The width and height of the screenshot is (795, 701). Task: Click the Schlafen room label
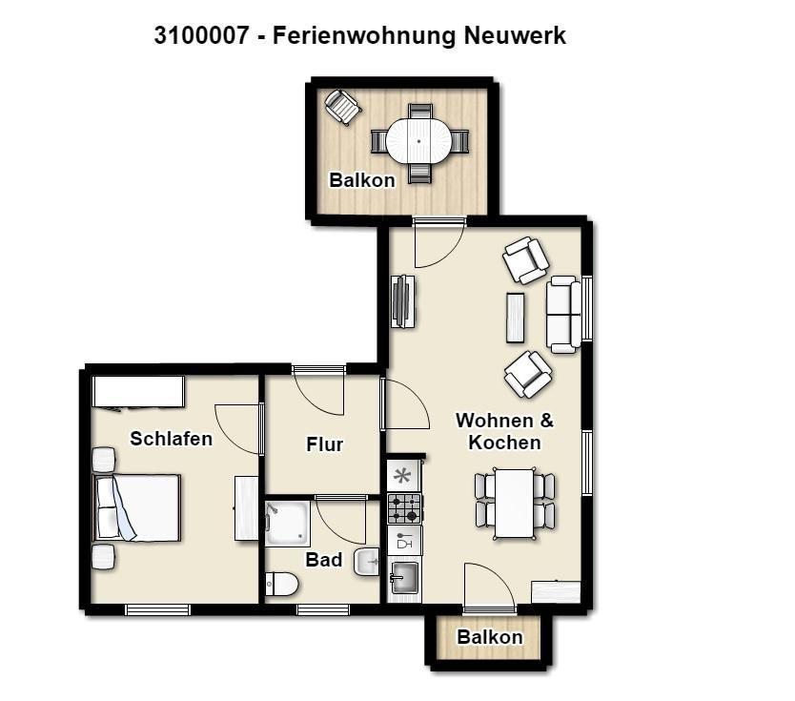(171, 439)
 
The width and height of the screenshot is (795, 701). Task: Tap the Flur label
(324, 444)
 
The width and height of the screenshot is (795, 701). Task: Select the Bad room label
(323, 560)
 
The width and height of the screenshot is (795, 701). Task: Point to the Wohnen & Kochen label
(504, 432)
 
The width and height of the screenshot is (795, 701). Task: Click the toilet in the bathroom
(282, 584)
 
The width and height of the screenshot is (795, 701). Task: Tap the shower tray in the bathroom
(287, 523)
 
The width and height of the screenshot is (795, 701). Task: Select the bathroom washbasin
(367, 562)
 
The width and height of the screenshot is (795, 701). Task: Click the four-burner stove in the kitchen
(404, 508)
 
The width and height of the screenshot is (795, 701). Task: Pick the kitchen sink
(404, 578)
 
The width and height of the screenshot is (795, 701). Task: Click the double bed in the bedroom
(136, 507)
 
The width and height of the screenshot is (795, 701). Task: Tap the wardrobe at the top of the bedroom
(138, 391)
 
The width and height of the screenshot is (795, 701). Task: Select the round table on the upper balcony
(418, 141)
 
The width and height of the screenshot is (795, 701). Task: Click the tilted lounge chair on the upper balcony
(343, 107)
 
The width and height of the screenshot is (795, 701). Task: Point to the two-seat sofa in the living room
(563, 315)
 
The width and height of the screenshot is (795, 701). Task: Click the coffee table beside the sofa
(515, 318)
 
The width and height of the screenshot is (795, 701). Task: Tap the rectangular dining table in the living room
(515, 504)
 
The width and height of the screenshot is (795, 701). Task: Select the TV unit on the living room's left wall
(403, 301)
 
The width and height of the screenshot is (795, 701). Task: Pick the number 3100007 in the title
(201, 35)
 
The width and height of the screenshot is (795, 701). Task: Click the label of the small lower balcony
(490, 637)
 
